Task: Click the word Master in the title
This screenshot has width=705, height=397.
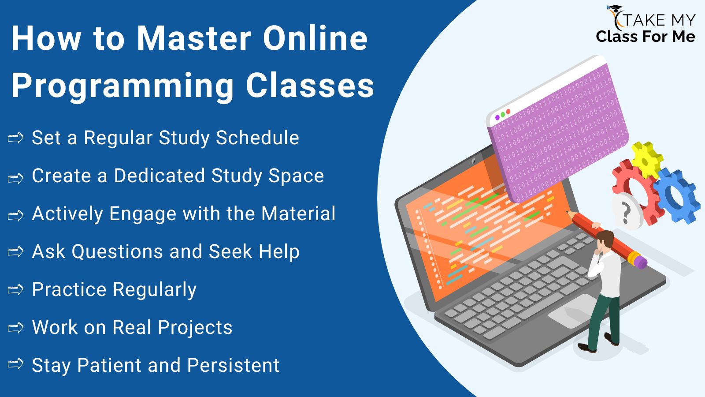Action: click(194, 38)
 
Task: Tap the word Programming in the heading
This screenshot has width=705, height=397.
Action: click(123, 86)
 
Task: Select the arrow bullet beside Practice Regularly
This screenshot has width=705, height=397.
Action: click(16, 289)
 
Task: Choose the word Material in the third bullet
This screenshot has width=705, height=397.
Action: click(298, 213)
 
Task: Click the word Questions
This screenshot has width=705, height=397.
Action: click(117, 251)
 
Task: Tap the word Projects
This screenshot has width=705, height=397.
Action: click(195, 328)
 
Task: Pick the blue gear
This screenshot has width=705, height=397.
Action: click(675, 195)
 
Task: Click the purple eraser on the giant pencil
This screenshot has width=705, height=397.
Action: click(639, 261)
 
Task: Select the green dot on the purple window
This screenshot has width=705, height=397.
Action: click(503, 114)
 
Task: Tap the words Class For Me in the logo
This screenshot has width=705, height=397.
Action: click(645, 37)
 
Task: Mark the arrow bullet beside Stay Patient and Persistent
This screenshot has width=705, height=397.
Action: click(16, 364)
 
